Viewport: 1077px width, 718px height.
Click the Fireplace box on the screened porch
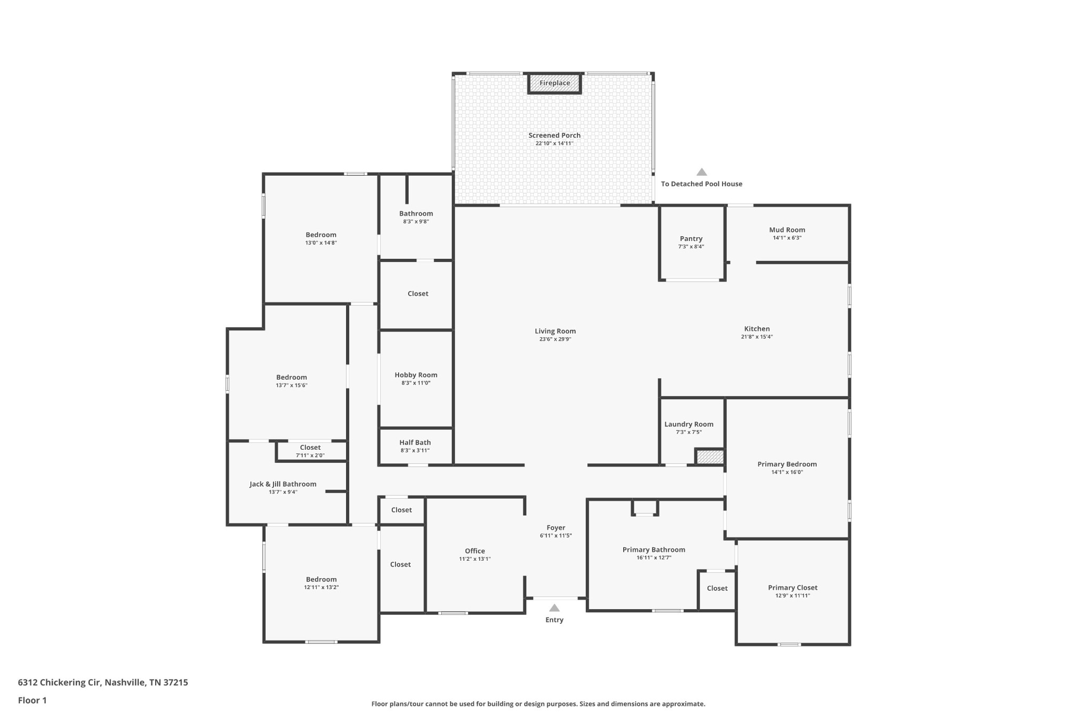tap(554, 83)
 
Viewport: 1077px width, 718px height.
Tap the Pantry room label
tap(690, 239)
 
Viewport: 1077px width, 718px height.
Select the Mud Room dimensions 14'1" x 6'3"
tap(787, 238)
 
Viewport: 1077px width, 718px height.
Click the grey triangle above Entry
tap(554, 608)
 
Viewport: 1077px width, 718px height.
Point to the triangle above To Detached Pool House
tap(702, 172)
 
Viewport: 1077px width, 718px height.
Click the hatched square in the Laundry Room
tap(709, 457)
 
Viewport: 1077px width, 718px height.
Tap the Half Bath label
tap(415, 443)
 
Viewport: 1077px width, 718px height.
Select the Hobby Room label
tap(416, 375)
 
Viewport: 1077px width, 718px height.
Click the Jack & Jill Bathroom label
tap(283, 484)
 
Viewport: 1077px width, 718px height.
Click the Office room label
tap(475, 551)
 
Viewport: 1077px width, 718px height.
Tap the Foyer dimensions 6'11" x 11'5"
tap(555, 535)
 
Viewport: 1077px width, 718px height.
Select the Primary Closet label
tap(792, 588)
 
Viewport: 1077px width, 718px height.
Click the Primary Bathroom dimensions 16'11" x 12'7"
tap(654, 558)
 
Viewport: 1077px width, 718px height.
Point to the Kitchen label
tap(757, 329)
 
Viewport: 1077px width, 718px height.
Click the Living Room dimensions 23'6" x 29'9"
tap(555, 339)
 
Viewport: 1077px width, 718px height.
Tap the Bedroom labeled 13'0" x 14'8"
tap(321, 235)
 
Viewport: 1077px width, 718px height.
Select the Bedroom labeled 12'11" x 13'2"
tap(321, 579)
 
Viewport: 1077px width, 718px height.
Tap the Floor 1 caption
tap(32, 700)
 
